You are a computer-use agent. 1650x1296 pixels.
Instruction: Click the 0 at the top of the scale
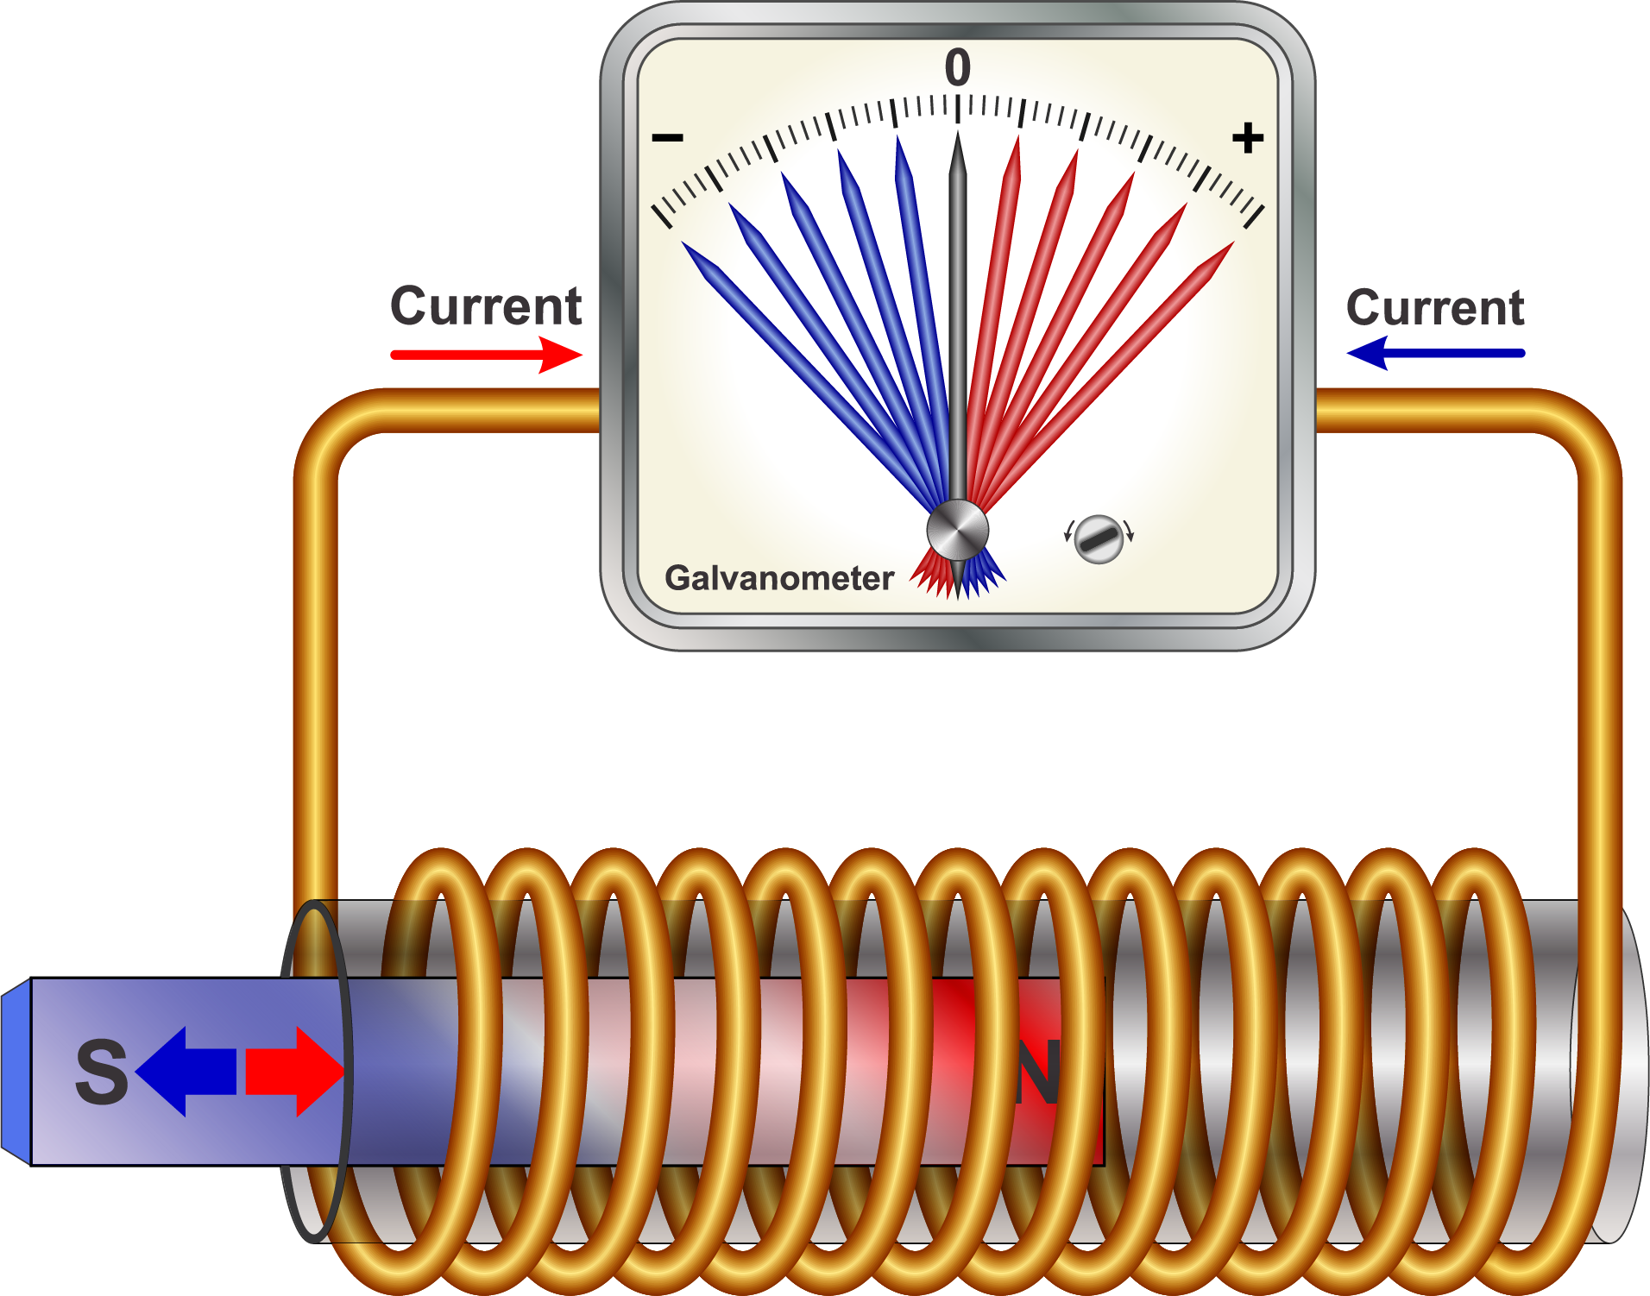coord(957,67)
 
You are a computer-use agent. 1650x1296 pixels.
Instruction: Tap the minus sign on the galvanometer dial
coord(667,137)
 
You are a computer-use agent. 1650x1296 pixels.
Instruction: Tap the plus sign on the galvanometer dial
coord(1247,138)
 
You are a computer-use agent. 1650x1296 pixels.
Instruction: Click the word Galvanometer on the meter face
coord(778,578)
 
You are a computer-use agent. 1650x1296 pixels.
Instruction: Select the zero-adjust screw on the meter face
coord(1099,539)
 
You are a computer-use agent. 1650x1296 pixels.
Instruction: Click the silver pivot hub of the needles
coord(957,530)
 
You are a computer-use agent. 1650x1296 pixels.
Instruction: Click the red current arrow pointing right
coord(487,354)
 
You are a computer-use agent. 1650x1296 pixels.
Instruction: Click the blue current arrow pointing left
coord(1434,353)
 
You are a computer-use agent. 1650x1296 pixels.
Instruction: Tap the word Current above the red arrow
coord(486,305)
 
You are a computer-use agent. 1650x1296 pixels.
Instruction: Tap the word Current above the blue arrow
coord(1434,307)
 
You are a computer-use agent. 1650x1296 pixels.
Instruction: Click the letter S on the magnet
coord(102,1072)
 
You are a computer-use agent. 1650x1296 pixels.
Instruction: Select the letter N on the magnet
coord(1038,1073)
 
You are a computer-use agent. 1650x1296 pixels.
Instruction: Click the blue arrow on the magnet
coord(186,1072)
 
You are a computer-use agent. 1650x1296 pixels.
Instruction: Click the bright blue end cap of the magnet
coord(15,1072)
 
